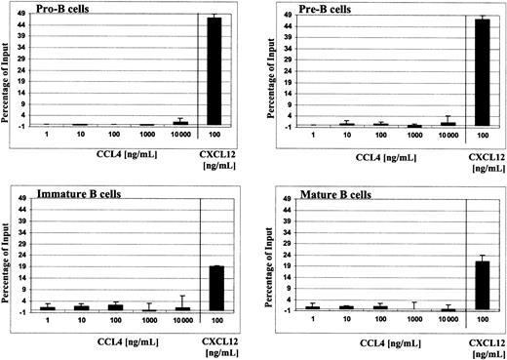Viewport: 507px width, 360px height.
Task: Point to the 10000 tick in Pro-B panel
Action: pyautogui.click(x=178, y=137)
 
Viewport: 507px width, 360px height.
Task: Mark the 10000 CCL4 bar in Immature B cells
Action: pyautogui.click(x=178, y=307)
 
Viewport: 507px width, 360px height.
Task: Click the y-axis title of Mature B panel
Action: pyautogui.click(x=276, y=256)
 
